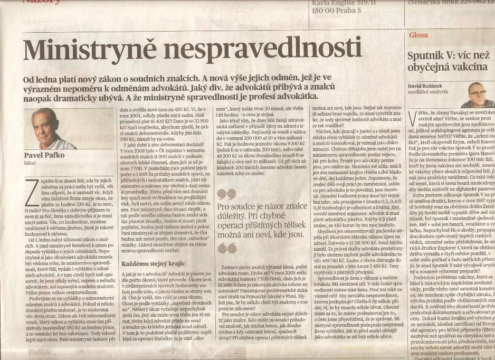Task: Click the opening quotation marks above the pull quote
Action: (226, 195)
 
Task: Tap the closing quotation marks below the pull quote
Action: (226, 247)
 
